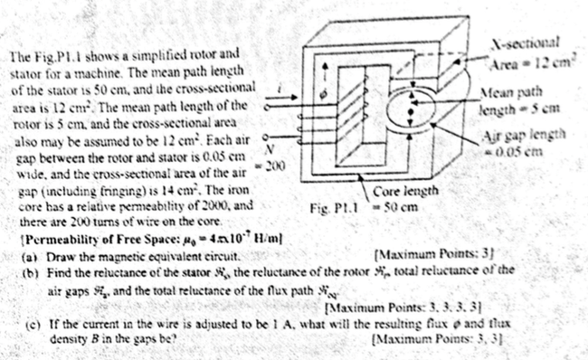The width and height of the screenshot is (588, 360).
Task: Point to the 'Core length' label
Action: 406,194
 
